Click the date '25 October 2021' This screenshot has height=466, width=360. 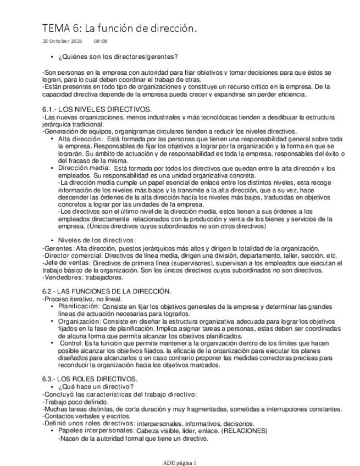[63, 41]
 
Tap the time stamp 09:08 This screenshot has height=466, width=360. [101, 41]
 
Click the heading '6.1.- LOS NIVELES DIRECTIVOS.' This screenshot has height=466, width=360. [97, 110]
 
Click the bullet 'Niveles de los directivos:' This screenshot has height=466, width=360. [96, 240]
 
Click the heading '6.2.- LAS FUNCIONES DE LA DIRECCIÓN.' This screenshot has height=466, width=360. [107, 291]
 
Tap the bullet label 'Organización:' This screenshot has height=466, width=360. [79, 320]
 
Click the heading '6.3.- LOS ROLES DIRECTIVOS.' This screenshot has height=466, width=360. [90, 379]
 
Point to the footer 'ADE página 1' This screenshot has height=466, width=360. [180, 462]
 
